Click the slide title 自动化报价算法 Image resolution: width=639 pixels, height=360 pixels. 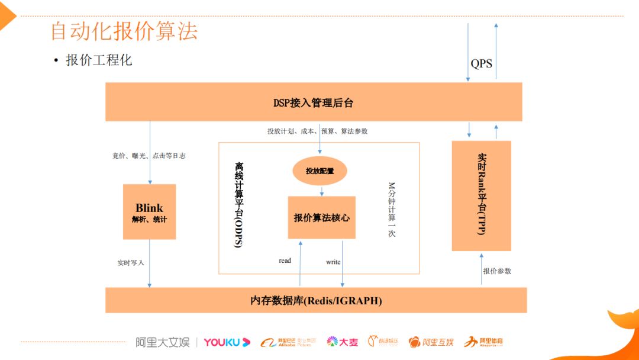coord(124,31)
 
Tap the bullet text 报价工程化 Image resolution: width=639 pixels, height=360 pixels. coord(99,60)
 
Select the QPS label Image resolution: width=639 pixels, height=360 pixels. coord(481,63)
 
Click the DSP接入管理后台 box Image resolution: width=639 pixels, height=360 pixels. coord(313,102)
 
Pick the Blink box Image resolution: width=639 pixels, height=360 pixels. coord(149,211)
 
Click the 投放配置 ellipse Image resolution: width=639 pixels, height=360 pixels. coord(319,171)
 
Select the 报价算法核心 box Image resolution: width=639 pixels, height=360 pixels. coord(321,217)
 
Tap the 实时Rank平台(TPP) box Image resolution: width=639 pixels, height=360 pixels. coord(481,195)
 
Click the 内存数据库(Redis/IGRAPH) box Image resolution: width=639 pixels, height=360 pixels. coord(316,300)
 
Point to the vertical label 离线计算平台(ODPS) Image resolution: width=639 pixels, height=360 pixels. coord(238,205)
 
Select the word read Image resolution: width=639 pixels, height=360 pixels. coord(285,261)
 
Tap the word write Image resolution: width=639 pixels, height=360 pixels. coord(333,262)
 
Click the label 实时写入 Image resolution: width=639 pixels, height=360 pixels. coord(131,262)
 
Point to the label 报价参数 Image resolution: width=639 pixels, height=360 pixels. coord(497,271)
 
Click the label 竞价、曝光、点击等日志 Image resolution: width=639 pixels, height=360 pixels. coord(149,156)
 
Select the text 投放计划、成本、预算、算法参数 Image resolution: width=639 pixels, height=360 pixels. coord(317,131)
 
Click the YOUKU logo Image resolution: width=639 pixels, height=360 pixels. coord(227,342)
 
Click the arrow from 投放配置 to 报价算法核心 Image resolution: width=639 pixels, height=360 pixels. coord(321,191)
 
